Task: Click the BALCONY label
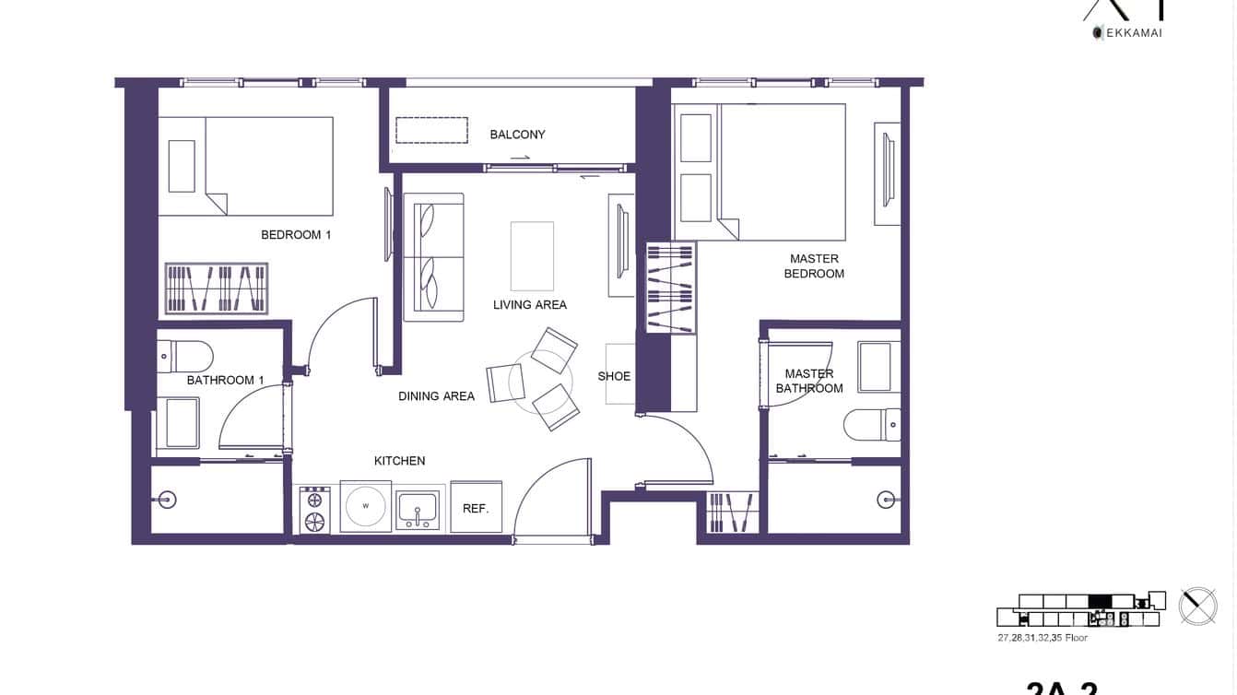pyautogui.click(x=517, y=135)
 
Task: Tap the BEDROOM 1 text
pyautogui.click(x=296, y=235)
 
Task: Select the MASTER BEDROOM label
pyautogui.click(x=814, y=266)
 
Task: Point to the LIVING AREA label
pyautogui.click(x=530, y=305)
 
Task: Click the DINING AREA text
pyautogui.click(x=436, y=396)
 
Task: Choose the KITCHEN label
pyautogui.click(x=399, y=461)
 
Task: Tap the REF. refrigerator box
pyautogui.click(x=476, y=508)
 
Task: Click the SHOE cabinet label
pyautogui.click(x=614, y=376)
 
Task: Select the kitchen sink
pyautogui.click(x=418, y=510)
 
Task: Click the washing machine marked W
pyautogui.click(x=365, y=506)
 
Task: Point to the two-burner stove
pyautogui.click(x=314, y=511)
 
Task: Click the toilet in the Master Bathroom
pyautogui.click(x=872, y=425)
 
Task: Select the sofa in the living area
pyautogui.click(x=433, y=258)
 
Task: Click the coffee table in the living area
pyautogui.click(x=532, y=255)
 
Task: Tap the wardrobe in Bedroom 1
pyautogui.click(x=217, y=289)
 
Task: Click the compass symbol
pyautogui.click(x=1197, y=606)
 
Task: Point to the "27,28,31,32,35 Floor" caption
pyautogui.click(x=1042, y=638)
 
